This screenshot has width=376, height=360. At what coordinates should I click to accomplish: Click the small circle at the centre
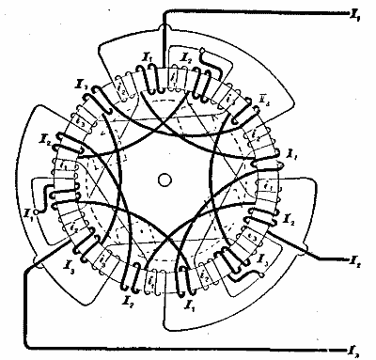point(165,179)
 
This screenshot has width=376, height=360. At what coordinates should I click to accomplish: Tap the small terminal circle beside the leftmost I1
point(32,212)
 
